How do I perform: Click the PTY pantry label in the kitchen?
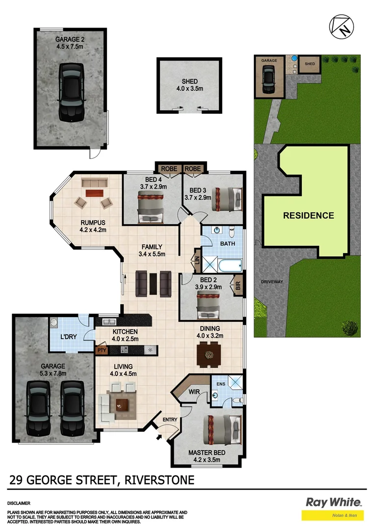(102, 350)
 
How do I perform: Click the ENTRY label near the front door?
(170, 419)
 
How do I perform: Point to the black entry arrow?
(159, 436)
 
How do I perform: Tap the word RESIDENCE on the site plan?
(308, 215)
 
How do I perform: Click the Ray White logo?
(333, 502)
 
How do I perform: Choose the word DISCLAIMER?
(19, 503)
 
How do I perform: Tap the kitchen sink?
(109, 322)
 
